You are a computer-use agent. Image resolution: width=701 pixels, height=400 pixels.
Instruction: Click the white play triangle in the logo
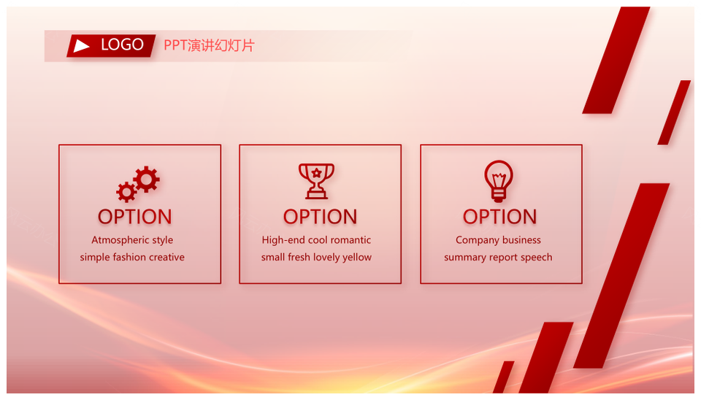(81, 45)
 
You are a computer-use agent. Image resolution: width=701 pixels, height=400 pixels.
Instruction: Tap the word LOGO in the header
(122, 45)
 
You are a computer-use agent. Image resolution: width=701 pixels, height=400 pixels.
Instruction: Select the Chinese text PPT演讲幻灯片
(209, 45)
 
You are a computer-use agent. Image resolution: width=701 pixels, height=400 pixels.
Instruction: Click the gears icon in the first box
(138, 184)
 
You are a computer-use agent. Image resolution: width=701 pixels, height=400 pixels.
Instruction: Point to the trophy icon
(316, 181)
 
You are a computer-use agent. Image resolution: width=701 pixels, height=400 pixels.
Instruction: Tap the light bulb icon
(499, 181)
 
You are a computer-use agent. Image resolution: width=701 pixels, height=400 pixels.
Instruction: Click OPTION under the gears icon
(134, 217)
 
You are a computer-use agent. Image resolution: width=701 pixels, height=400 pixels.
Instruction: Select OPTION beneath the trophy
(320, 217)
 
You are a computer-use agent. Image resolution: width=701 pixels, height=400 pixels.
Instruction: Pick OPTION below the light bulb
(499, 217)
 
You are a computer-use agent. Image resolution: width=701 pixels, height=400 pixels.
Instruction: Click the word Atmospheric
(120, 240)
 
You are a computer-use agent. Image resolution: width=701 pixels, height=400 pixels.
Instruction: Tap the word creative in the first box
(166, 257)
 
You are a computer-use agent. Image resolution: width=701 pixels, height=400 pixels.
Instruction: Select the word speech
(536, 258)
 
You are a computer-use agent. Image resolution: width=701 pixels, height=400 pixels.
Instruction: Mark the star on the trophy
(316, 172)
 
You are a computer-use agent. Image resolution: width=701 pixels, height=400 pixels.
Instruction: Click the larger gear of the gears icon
(146, 180)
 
